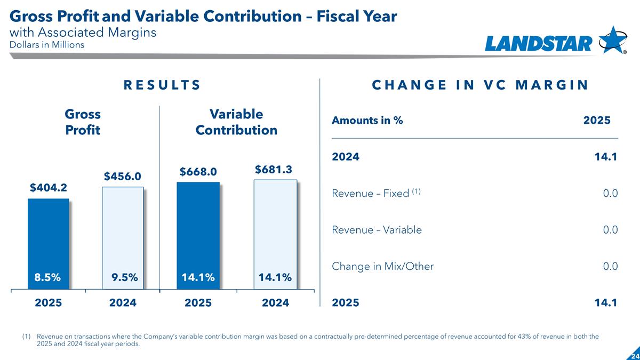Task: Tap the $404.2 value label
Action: [x=48, y=187]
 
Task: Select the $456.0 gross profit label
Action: [x=122, y=176]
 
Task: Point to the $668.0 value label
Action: [x=198, y=171]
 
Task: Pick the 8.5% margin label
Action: [x=48, y=277]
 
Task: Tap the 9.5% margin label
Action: [x=125, y=277]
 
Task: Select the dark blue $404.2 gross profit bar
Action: [x=49, y=235]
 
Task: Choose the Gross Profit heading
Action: [x=83, y=122]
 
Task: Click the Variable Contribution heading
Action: [x=236, y=122]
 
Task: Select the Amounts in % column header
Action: [x=367, y=121]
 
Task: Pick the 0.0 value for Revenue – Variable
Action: [x=610, y=230]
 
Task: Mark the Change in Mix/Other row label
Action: [x=382, y=266]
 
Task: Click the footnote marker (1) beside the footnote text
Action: [x=26, y=337]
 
